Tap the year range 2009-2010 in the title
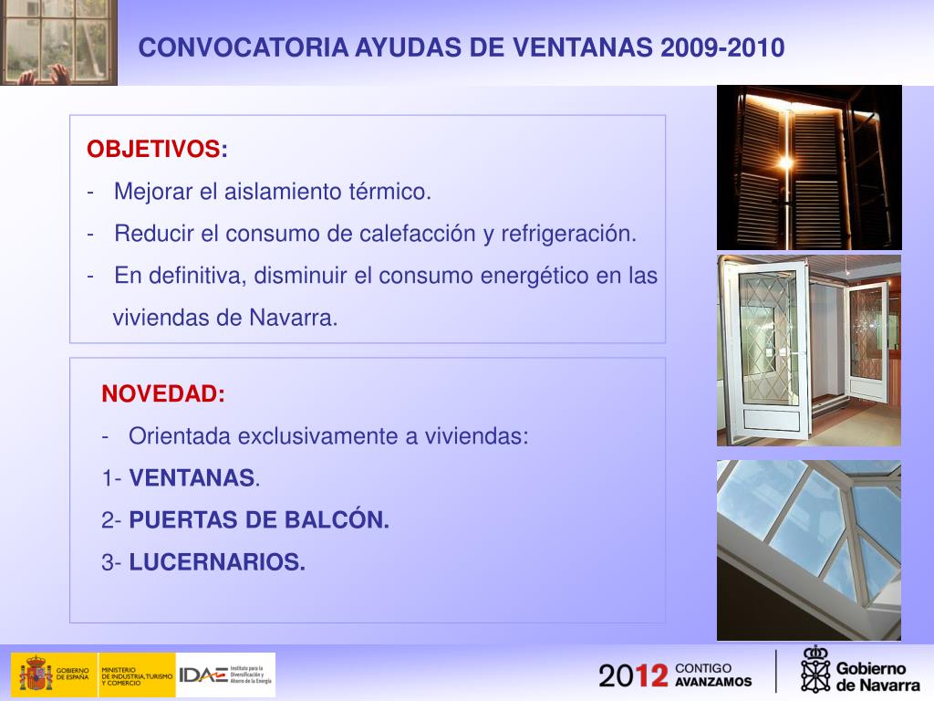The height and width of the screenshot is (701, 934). coord(722,48)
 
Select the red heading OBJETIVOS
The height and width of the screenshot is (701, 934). coord(153,150)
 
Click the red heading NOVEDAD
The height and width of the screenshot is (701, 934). coord(161,394)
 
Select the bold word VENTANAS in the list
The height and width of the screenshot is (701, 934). coord(192,478)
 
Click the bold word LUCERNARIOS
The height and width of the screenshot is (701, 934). coord(217,563)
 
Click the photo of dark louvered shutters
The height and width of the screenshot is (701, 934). coord(808,167)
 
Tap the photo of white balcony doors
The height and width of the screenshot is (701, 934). coord(808,350)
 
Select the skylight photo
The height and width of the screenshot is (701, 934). coord(808,549)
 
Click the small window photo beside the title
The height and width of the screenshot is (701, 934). coord(58,42)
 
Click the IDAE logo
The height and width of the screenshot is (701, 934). coord(203,675)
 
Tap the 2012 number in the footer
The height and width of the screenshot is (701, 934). coord(633,675)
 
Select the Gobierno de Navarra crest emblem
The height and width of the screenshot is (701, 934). coord(815,669)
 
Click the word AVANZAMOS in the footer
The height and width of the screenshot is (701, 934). coord(714,682)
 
